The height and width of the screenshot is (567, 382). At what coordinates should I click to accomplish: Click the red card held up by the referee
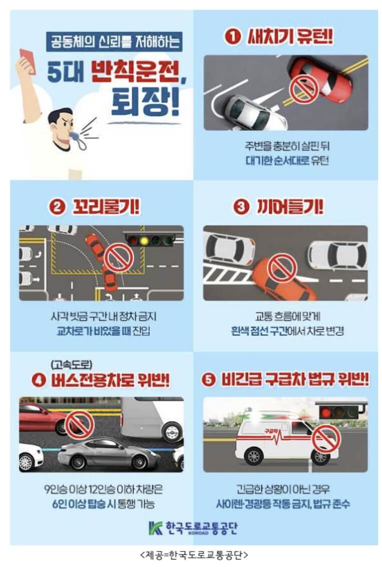tap(28, 61)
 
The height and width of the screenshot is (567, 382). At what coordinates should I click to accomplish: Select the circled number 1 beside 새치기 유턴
tap(232, 37)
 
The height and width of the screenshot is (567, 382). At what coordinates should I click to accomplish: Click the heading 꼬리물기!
tap(106, 207)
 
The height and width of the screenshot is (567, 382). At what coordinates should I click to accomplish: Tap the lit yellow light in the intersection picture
tap(145, 240)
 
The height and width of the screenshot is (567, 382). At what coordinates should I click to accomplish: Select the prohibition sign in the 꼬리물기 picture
tap(119, 257)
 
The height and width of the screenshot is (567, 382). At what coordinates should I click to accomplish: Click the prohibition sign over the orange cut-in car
tap(282, 268)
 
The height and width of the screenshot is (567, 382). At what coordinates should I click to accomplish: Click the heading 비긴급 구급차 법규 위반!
tap(295, 380)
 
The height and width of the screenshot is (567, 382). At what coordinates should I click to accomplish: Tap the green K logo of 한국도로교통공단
tap(156, 528)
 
